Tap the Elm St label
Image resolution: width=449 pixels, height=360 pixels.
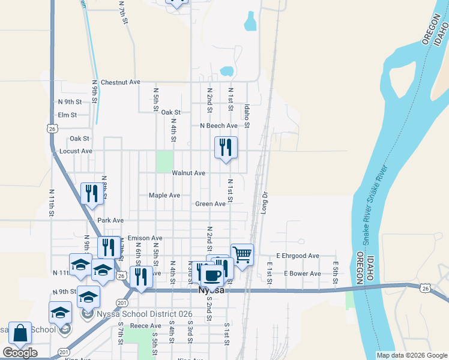tap(68, 115)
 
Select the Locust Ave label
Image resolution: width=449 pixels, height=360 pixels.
tap(76, 151)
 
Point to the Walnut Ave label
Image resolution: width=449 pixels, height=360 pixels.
tap(188, 173)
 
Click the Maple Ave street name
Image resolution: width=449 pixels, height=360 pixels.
tap(164, 196)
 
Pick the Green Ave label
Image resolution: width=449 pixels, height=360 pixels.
tap(210, 204)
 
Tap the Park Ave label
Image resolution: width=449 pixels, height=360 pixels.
tap(110, 220)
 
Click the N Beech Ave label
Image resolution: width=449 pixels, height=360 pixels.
tap(218, 126)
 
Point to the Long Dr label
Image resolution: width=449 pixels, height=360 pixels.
tap(264, 203)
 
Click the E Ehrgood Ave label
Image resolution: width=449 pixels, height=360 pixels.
tap(297, 256)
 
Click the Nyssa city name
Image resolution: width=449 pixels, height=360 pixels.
tap(211, 290)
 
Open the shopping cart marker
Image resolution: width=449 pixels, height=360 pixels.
tap(242, 254)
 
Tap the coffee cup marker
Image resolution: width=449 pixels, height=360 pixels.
tap(211, 275)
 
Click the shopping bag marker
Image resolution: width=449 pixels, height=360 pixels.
tap(20, 334)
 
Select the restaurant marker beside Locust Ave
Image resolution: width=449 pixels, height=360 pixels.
tap(226, 148)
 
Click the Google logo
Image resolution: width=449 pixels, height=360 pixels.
tap(20, 353)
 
